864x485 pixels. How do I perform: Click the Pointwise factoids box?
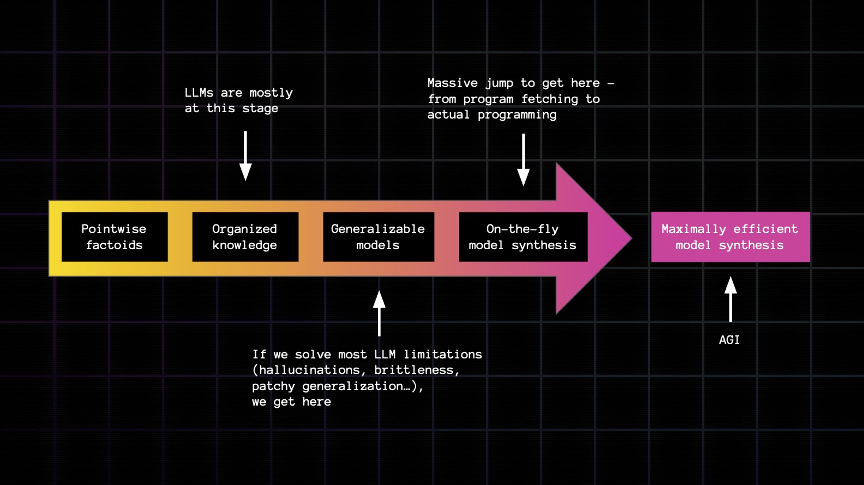(x=115, y=237)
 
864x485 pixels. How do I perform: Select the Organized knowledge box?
(x=245, y=237)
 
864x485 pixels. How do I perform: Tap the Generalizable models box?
(x=378, y=237)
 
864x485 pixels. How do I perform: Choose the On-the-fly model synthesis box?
(x=523, y=237)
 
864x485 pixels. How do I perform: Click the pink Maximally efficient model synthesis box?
(x=730, y=237)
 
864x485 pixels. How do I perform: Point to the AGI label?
(x=729, y=340)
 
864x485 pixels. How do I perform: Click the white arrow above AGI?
(x=730, y=299)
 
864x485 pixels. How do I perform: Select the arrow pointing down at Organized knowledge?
(x=245, y=156)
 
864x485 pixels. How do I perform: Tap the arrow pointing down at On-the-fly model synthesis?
(x=523, y=160)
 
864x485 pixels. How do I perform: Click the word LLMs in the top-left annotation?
(x=199, y=93)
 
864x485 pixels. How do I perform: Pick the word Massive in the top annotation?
(x=452, y=83)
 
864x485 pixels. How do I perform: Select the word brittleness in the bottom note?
(x=416, y=370)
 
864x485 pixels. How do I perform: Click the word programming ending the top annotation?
(x=517, y=115)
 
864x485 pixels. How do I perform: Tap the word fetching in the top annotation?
(x=549, y=99)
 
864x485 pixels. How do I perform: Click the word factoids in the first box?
(x=114, y=245)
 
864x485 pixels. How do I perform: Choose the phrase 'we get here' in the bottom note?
(x=291, y=402)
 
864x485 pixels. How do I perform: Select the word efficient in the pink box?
(x=766, y=229)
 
